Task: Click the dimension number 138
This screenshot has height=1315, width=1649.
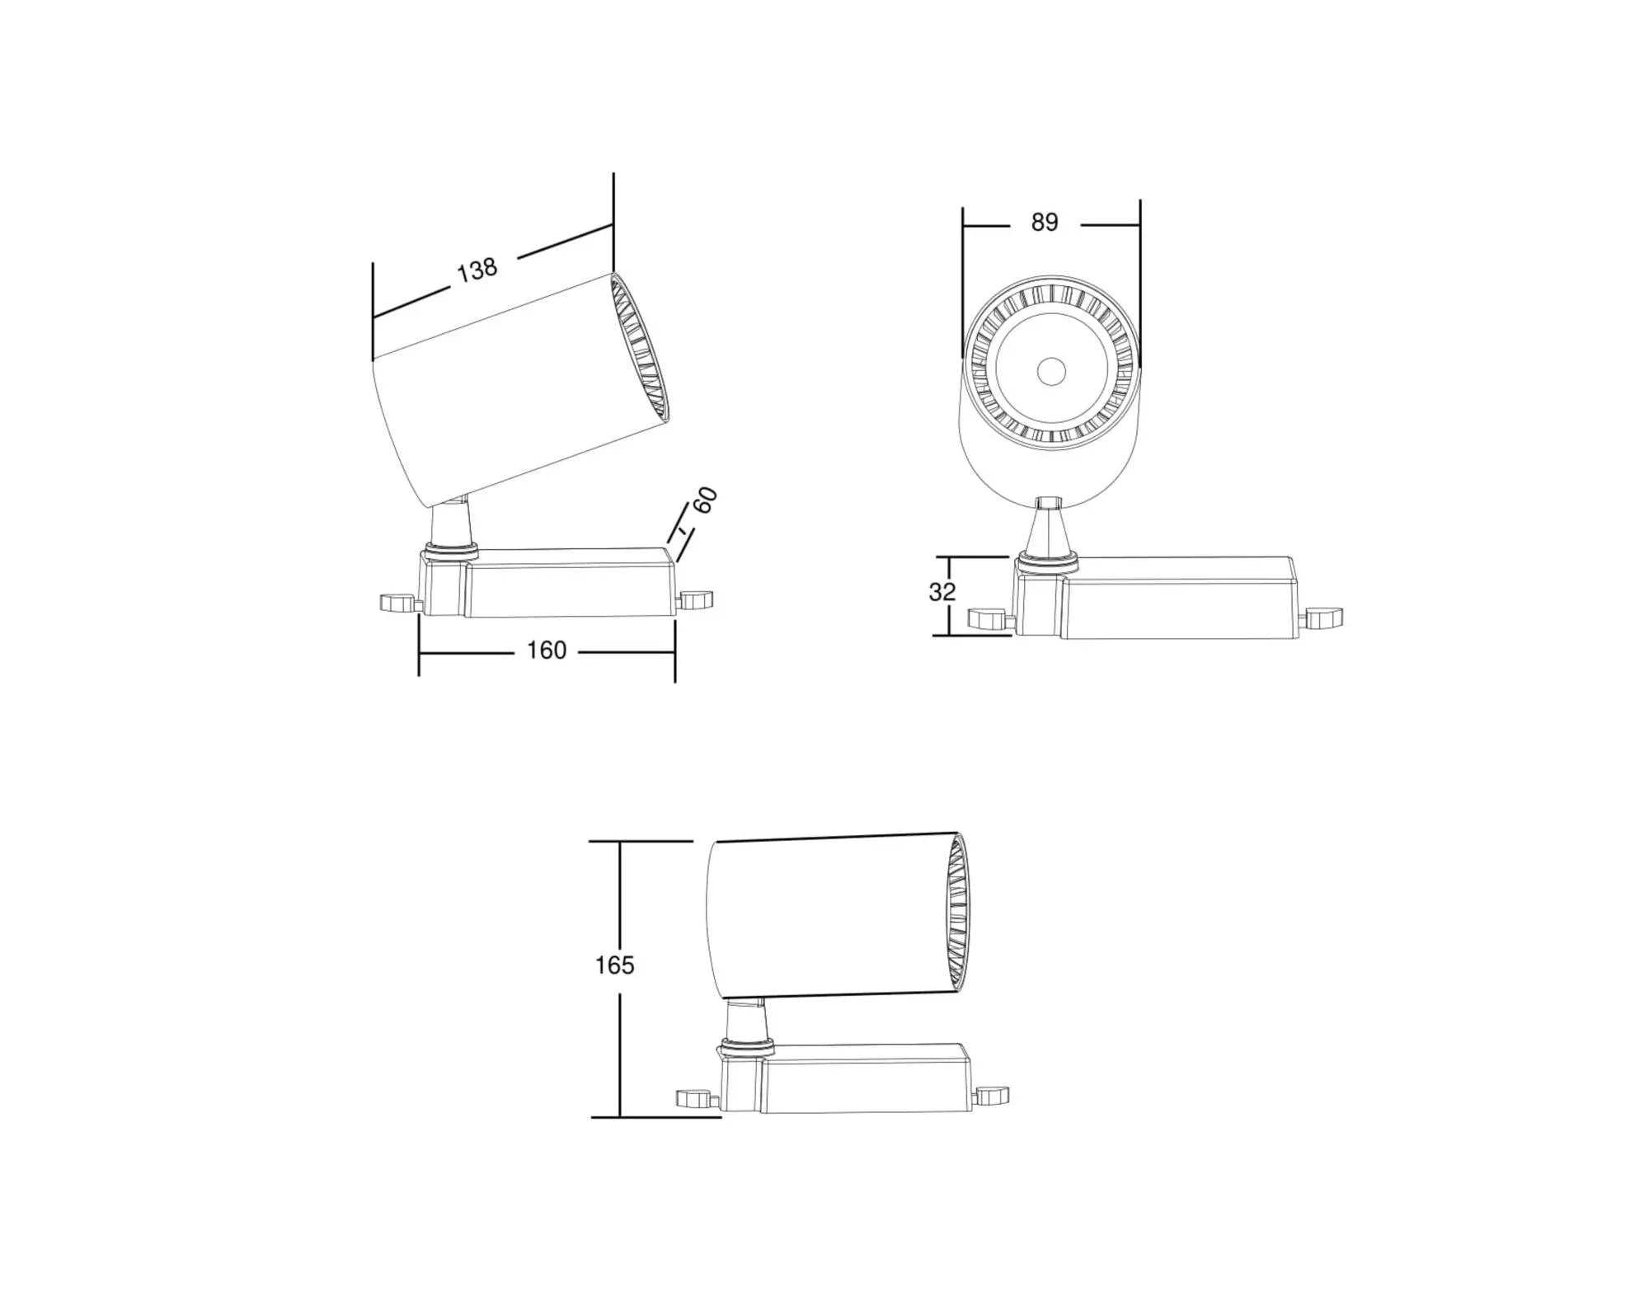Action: pos(477,270)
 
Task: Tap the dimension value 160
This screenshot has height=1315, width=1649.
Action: pos(547,650)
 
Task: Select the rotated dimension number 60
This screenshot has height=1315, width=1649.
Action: pos(705,500)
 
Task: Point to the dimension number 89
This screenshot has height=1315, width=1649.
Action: pos(1044,223)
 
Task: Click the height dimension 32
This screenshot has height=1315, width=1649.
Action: pos(942,592)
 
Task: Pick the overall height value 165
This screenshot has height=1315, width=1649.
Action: pos(614,965)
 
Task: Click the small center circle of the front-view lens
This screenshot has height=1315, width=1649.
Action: pos(1050,372)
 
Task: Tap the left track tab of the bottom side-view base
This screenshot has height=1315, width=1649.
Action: pos(694,1098)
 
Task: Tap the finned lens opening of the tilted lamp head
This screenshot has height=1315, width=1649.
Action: pos(641,350)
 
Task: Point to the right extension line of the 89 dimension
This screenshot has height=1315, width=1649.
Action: pos(1140,280)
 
